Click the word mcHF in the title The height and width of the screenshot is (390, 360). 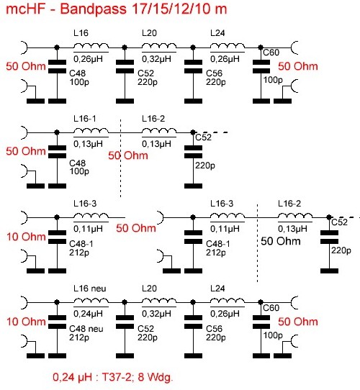(x=26, y=9)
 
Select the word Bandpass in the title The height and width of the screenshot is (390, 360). (x=94, y=9)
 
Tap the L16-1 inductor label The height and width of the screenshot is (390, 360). (x=85, y=119)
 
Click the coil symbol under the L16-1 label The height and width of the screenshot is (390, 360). (x=91, y=130)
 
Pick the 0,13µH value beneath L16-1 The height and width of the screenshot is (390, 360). (x=88, y=144)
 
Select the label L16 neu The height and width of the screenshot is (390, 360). (x=89, y=289)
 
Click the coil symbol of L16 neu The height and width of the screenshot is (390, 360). (x=91, y=300)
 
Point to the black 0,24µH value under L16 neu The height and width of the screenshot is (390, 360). (x=88, y=314)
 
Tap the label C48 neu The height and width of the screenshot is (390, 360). (x=86, y=329)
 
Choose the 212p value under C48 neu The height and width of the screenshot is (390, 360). (x=79, y=337)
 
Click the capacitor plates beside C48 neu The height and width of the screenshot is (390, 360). (x=57, y=322)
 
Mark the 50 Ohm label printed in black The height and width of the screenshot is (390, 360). (x=281, y=241)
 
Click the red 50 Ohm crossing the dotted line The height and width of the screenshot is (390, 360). (x=128, y=155)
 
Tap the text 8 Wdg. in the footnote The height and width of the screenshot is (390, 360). (x=155, y=378)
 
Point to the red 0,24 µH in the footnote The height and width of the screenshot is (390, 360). (x=72, y=378)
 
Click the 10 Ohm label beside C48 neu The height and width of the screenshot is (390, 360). (x=26, y=322)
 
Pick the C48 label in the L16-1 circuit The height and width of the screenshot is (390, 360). (x=78, y=163)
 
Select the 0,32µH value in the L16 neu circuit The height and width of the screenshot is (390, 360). (x=156, y=314)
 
